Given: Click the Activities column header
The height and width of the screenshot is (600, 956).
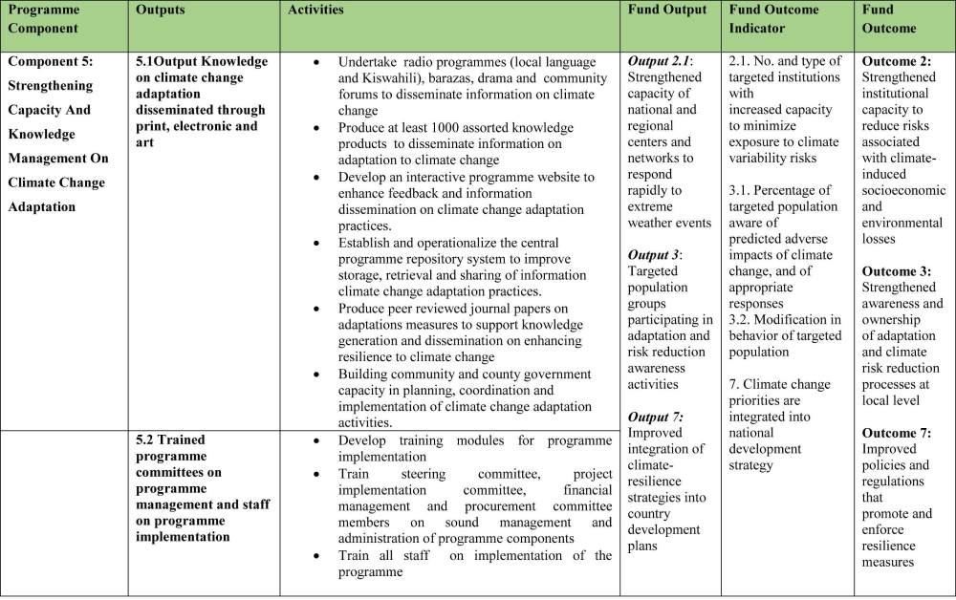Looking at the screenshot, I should [x=315, y=11].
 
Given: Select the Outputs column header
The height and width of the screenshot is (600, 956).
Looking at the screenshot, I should [x=160, y=11].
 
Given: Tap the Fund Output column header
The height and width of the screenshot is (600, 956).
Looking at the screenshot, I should [x=667, y=11].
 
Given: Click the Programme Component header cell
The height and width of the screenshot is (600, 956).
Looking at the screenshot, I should [x=43, y=18].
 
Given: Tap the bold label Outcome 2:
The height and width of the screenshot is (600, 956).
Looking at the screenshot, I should [x=897, y=61].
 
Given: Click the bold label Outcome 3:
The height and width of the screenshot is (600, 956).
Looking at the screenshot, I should [x=897, y=271].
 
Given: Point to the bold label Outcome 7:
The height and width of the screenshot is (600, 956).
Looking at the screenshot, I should [x=897, y=433].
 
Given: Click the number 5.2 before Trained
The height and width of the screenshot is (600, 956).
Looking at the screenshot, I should [x=147, y=440].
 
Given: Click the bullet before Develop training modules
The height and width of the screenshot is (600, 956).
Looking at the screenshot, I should [x=316, y=440].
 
